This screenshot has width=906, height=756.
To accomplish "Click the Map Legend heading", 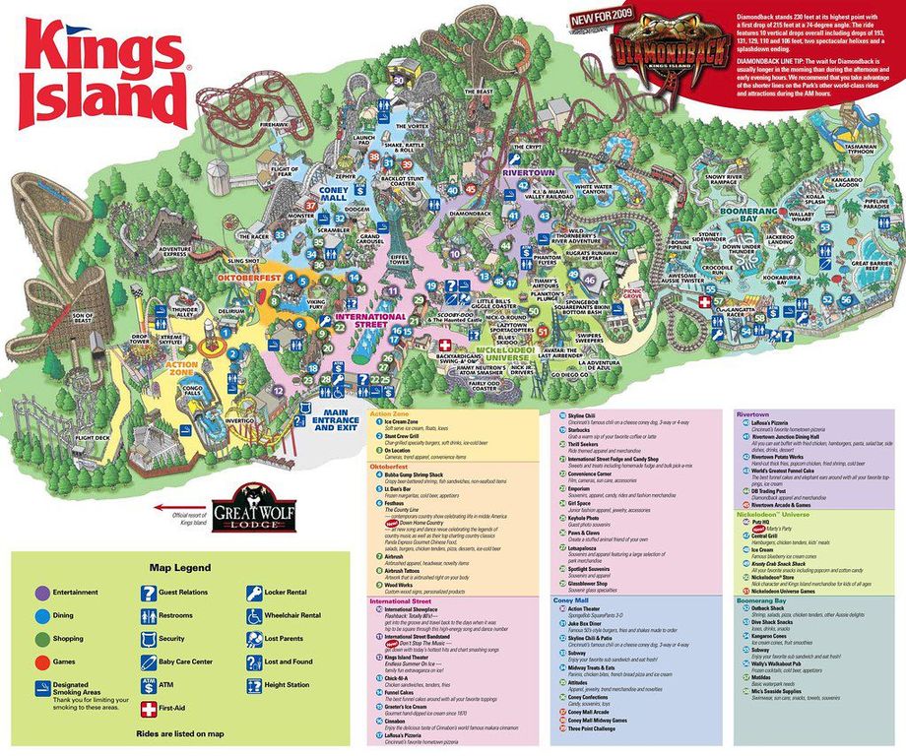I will (x=179, y=568).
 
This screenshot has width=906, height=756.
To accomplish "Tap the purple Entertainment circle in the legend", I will (x=42, y=593).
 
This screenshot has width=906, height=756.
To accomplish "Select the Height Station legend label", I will (x=287, y=684).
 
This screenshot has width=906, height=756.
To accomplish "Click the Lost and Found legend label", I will (x=289, y=661).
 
